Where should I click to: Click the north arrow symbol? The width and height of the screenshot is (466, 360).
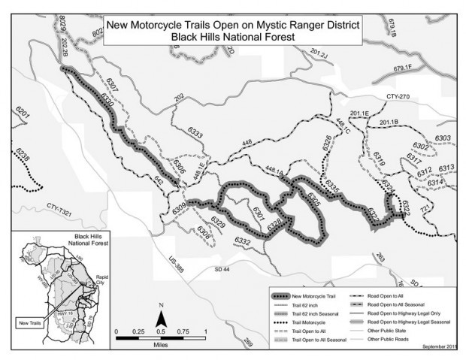[x=160, y=315]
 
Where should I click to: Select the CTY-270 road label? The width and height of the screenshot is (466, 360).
[x=401, y=97]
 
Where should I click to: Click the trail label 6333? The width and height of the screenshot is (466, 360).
[x=194, y=135]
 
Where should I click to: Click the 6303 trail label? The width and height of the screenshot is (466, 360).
[x=442, y=138]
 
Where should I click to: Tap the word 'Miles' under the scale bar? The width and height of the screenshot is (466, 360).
[x=160, y=342]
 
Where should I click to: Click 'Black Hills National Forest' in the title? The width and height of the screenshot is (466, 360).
[x=232, y=36]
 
